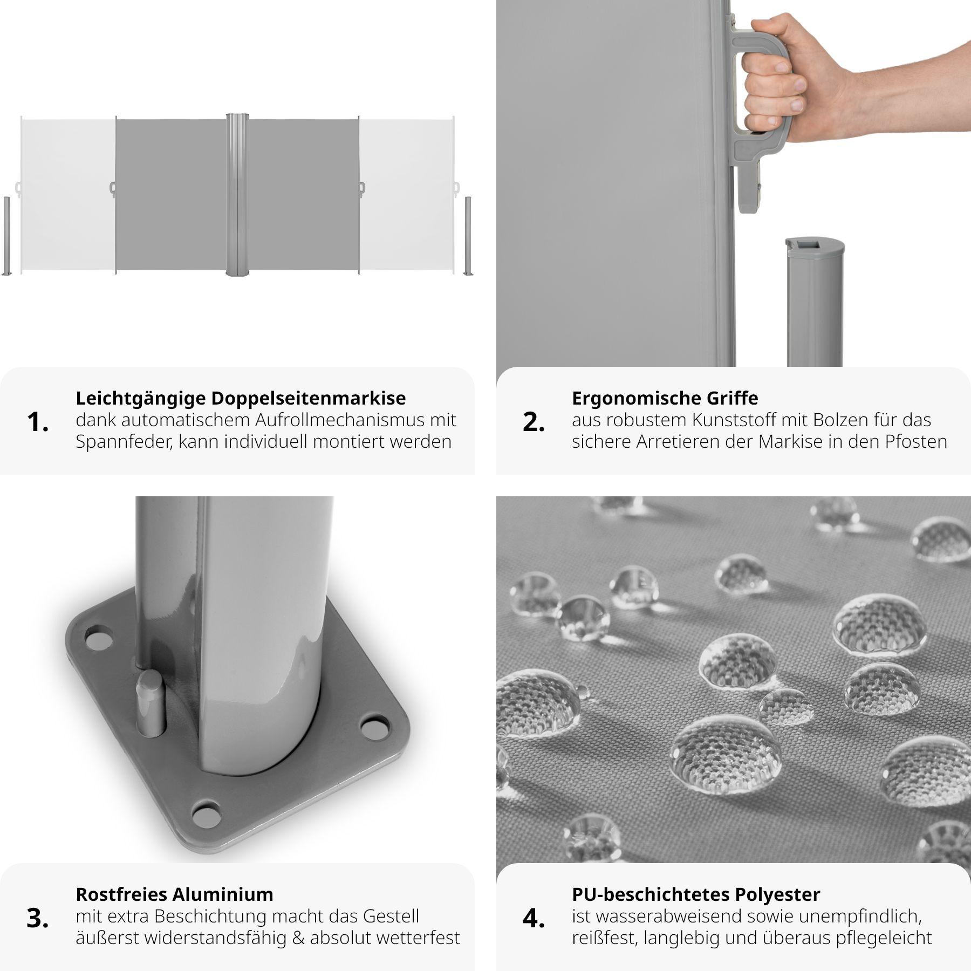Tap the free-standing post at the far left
[6, 236]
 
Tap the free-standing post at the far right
[468, 236]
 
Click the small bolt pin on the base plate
[151, 704]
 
